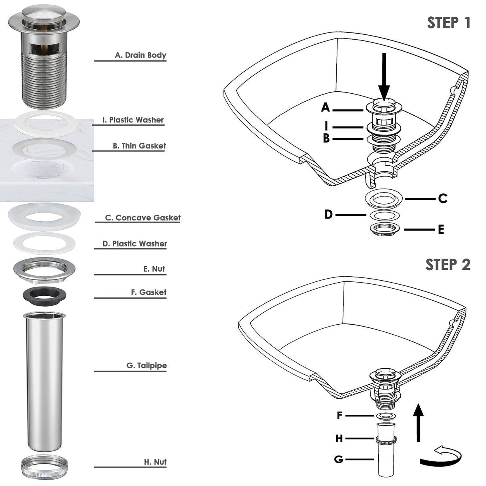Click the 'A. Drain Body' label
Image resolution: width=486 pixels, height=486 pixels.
[x=140, y=55]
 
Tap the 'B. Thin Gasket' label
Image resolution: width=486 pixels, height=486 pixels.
[x=139, y=146]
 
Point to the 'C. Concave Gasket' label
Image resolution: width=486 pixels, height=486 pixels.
[x=143, y=218]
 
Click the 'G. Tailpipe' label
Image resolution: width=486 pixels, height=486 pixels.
[x=147, y=366]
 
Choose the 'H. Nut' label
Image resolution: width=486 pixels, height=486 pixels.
[x=155, y=462]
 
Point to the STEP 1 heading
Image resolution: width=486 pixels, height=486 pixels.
[x=448, y=23]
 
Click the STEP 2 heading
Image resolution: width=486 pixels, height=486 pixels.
[x=448, y=265]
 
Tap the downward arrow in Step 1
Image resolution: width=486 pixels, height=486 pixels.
[x=384, y=76]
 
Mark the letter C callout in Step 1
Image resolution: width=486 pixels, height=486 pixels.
[x=442, y=199]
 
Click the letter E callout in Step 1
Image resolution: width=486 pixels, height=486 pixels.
[x=441, y=230]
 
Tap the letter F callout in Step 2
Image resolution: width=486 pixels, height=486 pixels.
[x=339, y=416]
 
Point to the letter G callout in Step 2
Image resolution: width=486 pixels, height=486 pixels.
[x=339, y=459]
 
